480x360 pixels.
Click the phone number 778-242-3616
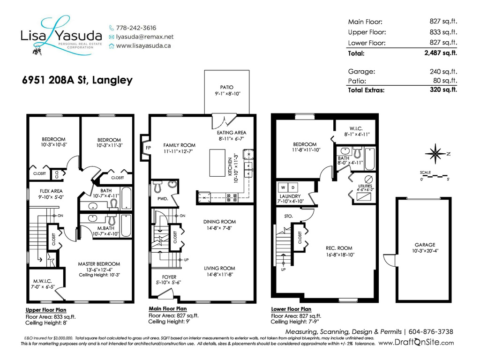136,28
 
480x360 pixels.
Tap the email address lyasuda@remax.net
144,37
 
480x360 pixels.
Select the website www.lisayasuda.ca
143,46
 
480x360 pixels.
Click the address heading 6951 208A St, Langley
77,80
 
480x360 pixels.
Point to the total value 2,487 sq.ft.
441,53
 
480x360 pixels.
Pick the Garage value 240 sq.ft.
443,72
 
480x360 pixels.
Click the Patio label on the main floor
226,87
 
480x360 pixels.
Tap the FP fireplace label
148,148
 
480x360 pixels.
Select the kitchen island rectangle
217,163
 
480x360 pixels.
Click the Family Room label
179,145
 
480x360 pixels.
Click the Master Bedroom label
99,264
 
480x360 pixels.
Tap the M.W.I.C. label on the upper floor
43,281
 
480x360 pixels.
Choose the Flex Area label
51,191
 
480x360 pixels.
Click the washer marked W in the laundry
283,187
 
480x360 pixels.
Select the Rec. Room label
339,248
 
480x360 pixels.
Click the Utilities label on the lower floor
365,186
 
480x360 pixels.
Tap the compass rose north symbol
435,154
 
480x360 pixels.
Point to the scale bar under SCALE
435,176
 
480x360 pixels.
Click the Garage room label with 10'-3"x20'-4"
425,245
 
